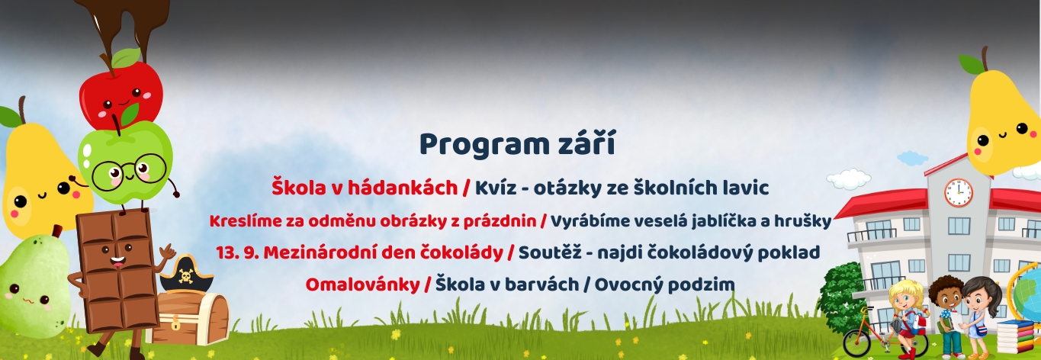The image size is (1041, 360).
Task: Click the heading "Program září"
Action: click(x=517, y=145)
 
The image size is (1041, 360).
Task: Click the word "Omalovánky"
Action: click(x=363, y=284)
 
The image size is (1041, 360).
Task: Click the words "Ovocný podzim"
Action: click(x=664, y=284)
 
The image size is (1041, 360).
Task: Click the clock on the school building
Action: click(x=959, y=192)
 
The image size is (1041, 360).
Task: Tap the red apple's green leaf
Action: click(x=126, y=58)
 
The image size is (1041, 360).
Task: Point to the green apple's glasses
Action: click(x=129, y=170)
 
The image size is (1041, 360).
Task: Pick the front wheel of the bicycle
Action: click(x=857, y=342)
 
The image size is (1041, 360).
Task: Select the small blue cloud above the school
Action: click(x=912, y=159)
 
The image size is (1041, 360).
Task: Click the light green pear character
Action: click(x=34, y=286)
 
